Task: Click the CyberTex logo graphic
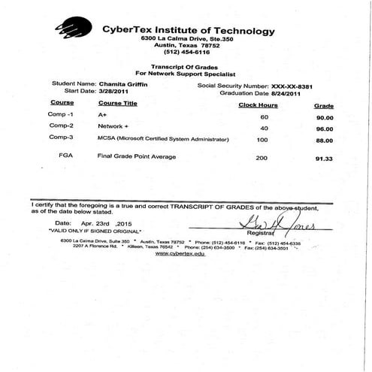point(75,29)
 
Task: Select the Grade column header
point(323,106)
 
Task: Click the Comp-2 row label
point(61,126)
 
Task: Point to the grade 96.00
point(324,129)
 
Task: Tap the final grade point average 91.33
point(324,159)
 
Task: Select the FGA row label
point(65,156)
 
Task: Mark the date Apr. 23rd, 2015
point(113,224)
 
